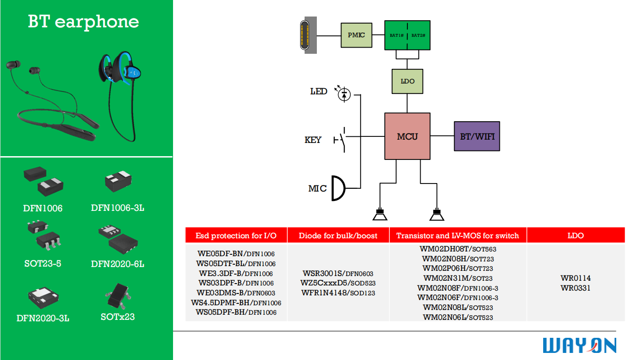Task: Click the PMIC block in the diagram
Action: click(x=356, y=35)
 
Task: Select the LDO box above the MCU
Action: click(x=407, y=81)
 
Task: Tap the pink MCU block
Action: click(x=407, y=136)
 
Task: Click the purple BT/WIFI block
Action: click(x=477, y=136)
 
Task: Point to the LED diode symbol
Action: click(x=344, y=94)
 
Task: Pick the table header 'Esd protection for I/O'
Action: click(x=236, y=235)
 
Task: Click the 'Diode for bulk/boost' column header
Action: click(x=338, y=235)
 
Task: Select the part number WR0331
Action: click(x=575, y=288)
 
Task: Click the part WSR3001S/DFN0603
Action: click(x=338, y=273)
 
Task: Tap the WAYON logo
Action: click(x=579, y=345)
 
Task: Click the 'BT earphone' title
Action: click(x=83, y=22)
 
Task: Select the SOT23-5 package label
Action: click(x=42, y=263)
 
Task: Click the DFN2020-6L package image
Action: click(x=118, y=238)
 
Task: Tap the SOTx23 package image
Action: click(x=118, y=294)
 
